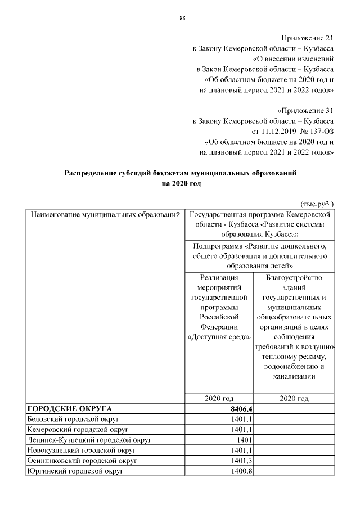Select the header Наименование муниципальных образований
105,214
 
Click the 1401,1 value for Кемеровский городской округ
240,430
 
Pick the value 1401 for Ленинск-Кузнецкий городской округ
243,440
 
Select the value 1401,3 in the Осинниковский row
240,461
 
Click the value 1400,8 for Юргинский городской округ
240,471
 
